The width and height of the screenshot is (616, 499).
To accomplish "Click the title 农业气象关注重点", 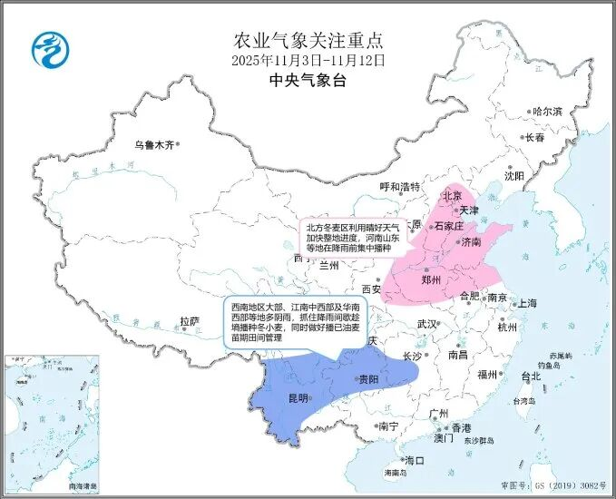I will point(308,40).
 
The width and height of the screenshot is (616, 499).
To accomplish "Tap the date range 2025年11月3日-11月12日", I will point(308,60).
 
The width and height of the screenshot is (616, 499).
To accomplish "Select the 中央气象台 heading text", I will point(308,81).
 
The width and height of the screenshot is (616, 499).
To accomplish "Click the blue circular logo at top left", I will point(50,50).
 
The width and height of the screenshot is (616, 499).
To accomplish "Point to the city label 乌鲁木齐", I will point(152,143).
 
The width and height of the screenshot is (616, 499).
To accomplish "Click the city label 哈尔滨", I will point(547,111).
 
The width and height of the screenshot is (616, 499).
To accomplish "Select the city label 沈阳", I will point(514,176).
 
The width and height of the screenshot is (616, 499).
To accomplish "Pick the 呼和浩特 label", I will point(400,188).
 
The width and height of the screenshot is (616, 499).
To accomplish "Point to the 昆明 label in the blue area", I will point(298,398).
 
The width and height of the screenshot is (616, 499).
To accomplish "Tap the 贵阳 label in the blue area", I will point(368,379).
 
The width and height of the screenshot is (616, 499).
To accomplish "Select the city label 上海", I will point(527,303).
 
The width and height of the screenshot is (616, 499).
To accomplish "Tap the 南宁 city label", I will point(388,426).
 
